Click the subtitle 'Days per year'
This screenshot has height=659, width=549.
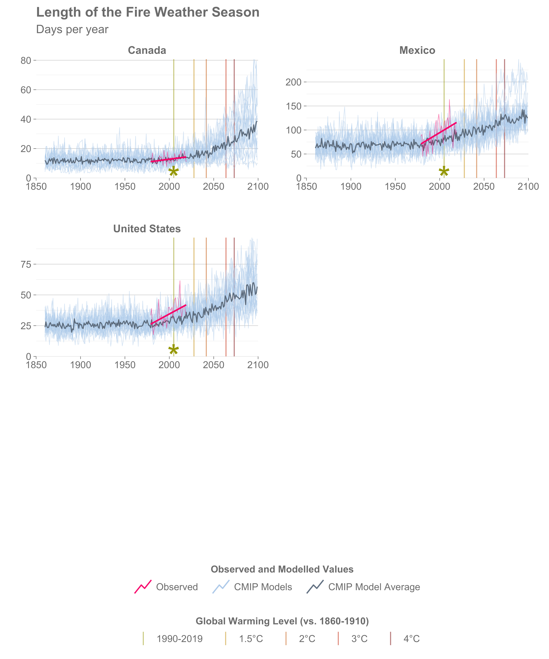point(72,30)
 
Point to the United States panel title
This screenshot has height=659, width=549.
point(147,229)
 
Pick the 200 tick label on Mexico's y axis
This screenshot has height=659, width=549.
point(293,82)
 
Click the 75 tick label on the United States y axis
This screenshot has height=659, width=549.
point(26,264)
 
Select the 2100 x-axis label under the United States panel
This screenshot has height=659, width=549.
point(258,365)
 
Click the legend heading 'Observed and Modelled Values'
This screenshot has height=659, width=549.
point(282,569)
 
